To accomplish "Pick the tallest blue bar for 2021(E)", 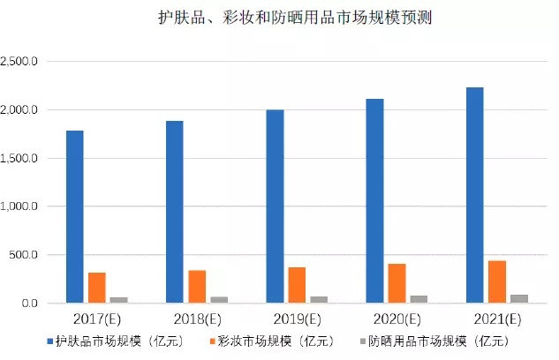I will coord(474,195).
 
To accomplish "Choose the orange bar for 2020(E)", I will coord(397,283).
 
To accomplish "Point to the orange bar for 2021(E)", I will coord(496,281).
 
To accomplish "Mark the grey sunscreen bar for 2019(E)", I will coord(319,299).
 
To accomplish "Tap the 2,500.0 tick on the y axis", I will coord(21,62).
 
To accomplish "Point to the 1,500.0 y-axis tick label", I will coord(21,159).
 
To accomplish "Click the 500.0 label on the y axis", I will coord(26,255).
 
